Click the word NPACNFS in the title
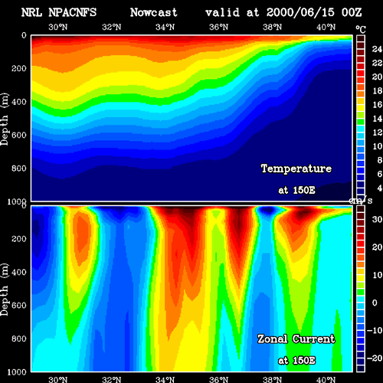pyautogui.click(x=72, y=12)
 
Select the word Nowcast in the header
pyautogui.click(x=154, y=12)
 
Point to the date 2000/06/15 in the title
pyautogui.click(x=300, y=12)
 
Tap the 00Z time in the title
pyautogui.click(x=352, y=12)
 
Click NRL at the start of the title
pyautogui.click(x=31, y=12)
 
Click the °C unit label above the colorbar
pyautogui.click(x=361, y=30)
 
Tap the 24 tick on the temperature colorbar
pyautogui.click(x=377, y=49)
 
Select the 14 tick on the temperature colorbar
pyautogui.click(x=377, y=119)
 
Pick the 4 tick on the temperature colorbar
pyautogui.click(x=379, y=188)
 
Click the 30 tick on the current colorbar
pyautogui.click(x=377, y=219)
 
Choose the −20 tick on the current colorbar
pyautogui.click(x=375, y=358)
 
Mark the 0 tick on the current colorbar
pyautogui.click(x=375, y=303)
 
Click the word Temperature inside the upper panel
pyautogui.click(x=296, y=169)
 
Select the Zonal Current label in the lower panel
pyautogui.click(x=296, y=339)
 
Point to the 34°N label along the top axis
pyautogui.click(x=165, y=27)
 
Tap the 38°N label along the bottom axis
pyautogui.click(x=273, y=379)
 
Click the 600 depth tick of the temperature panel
pyautogui.click(x=19, y=135)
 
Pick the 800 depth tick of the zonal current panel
pyautogui.click(x=19, y=339)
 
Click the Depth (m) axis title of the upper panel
pyautogui.click(x=5, y=119)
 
